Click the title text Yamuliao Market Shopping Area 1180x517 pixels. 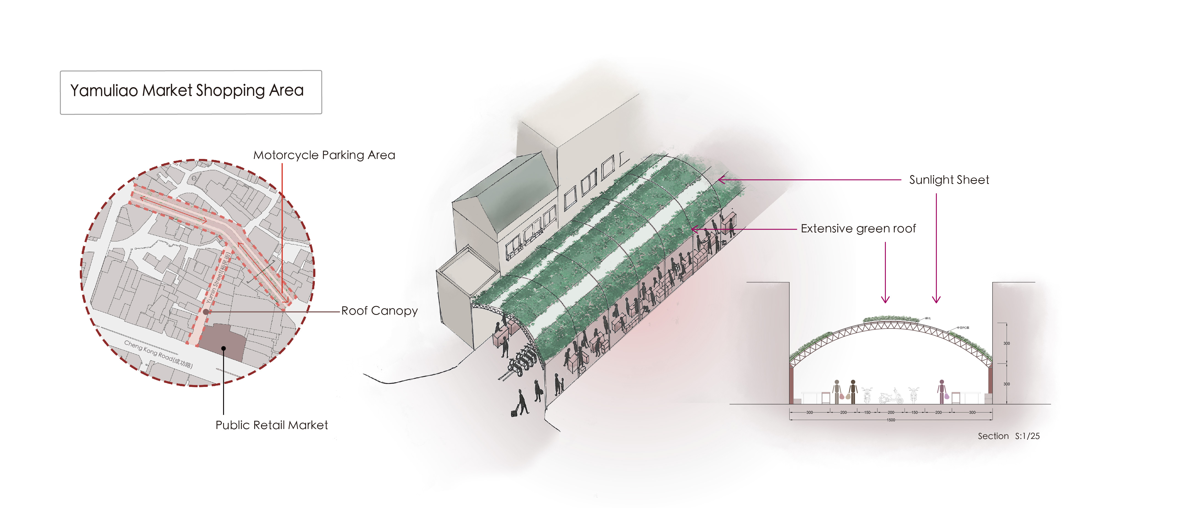(187, 91)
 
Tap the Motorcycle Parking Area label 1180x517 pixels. (324, 155)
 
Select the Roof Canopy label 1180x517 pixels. (379, 311)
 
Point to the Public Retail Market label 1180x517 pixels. (272, 425)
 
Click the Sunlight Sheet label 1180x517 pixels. (949, 180)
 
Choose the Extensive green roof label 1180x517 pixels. (858, 229)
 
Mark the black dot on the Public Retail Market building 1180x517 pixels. (223, 348)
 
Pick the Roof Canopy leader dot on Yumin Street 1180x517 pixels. (206, 312)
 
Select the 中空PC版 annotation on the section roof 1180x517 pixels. (963, 328)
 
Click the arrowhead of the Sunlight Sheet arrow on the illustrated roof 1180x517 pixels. (720, 180)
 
